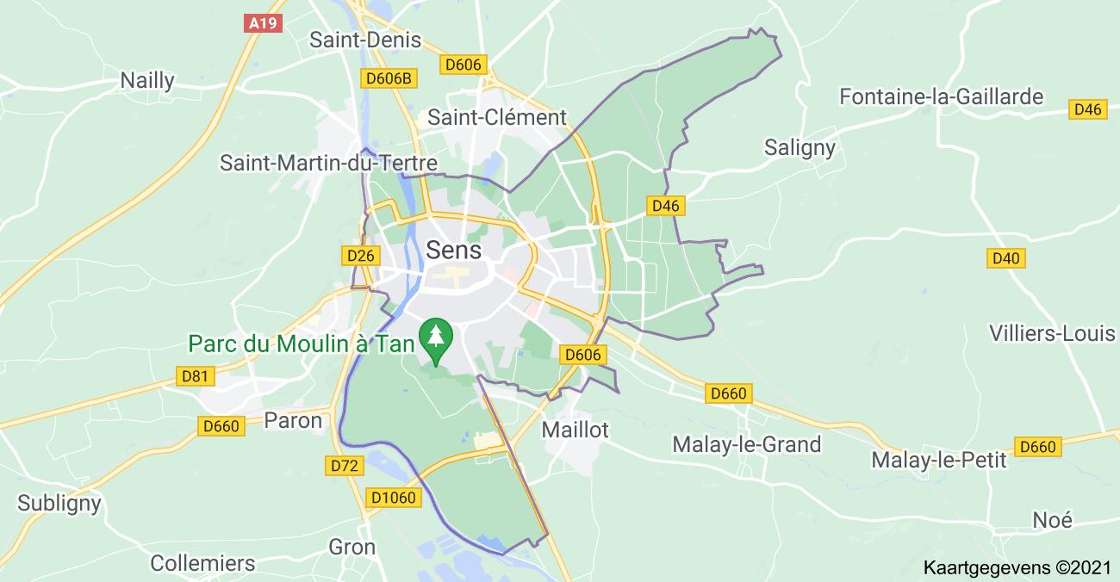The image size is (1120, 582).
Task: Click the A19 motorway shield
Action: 262,23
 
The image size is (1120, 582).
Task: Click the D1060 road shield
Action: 393,498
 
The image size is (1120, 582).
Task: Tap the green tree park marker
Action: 437,338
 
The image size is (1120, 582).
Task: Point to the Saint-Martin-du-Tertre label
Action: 328,163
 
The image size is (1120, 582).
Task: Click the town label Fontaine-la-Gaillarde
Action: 941,96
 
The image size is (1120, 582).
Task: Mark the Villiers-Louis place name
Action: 1052,333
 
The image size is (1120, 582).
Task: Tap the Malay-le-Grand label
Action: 746,444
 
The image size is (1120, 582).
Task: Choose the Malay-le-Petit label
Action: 938,460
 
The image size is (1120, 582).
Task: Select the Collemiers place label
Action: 202,563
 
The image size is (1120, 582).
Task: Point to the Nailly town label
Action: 147,81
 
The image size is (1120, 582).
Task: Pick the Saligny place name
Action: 800,147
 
